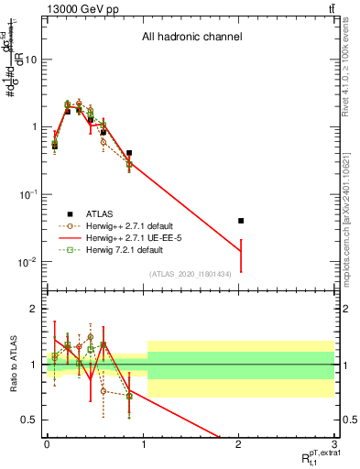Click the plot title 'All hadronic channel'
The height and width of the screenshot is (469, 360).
click(191, 38)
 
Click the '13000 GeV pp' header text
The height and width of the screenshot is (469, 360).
click(77, 8)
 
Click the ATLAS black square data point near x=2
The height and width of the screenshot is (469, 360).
click(241, 221)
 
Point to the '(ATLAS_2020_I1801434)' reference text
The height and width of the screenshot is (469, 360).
click(190, 273)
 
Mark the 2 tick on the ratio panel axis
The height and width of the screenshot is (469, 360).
click(35, 309)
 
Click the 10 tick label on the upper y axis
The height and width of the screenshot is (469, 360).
click(30, 60)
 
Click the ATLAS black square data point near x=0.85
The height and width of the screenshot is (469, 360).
click(129, 153)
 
